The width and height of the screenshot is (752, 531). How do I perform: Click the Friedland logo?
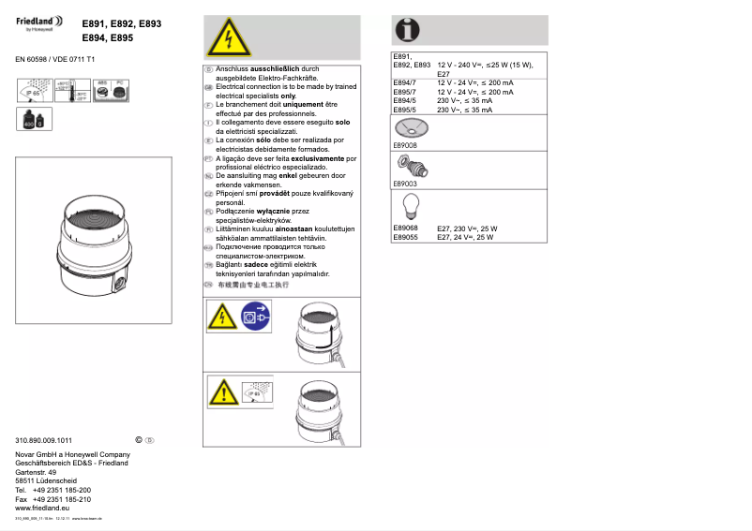click(x=40, y=22)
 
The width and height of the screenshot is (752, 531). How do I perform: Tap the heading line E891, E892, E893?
click(x=122, y=23)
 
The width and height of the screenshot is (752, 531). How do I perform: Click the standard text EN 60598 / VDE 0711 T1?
click(x=55, y=59)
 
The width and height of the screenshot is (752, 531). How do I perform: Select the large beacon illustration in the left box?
click(x=94, y=240)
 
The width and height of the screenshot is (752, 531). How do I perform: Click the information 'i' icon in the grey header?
click(x=407, y=30)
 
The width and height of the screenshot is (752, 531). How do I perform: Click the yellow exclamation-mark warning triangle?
click(x=222, y=391)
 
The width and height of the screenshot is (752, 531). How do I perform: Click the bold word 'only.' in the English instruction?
click(x=288, y=96)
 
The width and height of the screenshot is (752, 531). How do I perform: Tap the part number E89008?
click(x=405, y=145)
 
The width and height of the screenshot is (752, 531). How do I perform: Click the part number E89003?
click(x=405, y=184)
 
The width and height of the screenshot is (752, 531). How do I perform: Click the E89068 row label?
click(x=405, y=229)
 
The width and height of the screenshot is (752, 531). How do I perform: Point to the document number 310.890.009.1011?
click(x=44, y=440)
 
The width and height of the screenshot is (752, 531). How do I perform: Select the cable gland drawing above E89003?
click(x=412, y=168)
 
